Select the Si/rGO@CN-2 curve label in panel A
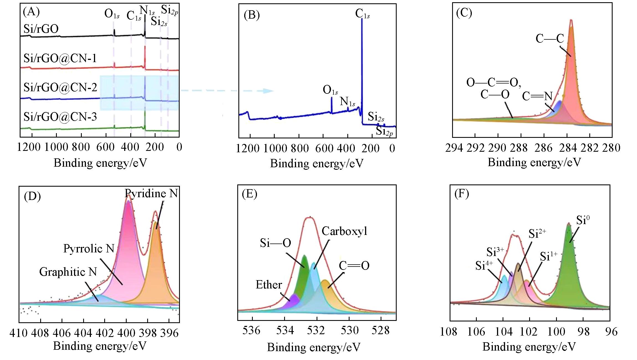60,87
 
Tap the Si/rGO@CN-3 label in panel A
60,117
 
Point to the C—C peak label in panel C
550,39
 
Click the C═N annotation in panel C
537,96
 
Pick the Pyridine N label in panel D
151,193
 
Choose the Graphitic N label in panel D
68,272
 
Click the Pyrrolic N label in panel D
89,249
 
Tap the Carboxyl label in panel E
344,231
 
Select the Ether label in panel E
269,285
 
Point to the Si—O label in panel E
275,243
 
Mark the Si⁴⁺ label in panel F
484,266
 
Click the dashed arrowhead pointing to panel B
268,91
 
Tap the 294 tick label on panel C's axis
454,148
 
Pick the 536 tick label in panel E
251,331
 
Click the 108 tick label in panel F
449,332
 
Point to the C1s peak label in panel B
362,14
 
